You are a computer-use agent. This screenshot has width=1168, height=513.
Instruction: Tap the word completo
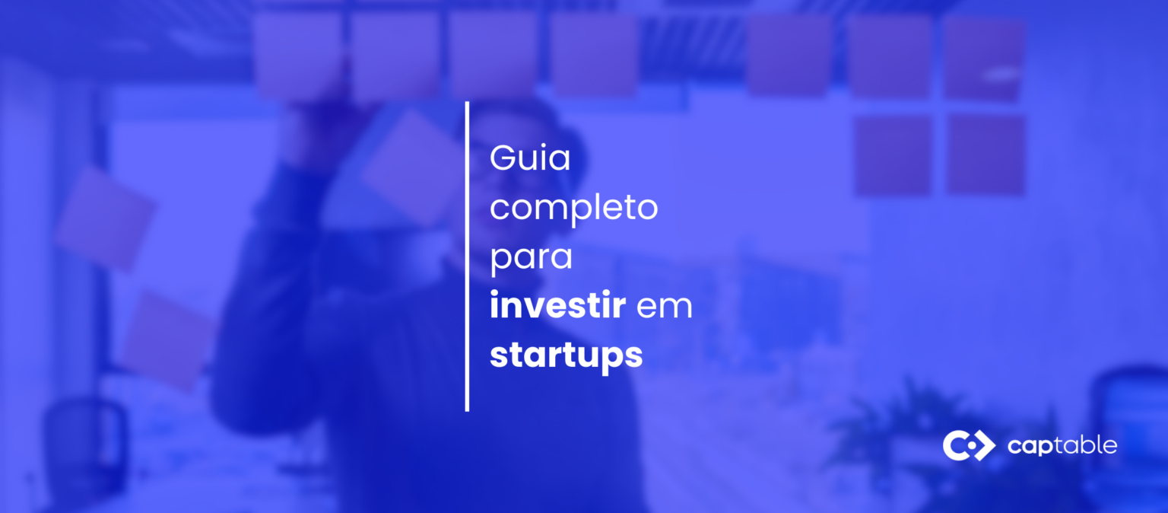pyautogui.click(x=573, y=208)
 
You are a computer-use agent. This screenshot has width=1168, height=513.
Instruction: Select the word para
pyautogui.click(x=531, y=257)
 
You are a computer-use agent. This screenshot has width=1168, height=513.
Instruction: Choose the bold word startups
pyautogui.click(x=566, y=355)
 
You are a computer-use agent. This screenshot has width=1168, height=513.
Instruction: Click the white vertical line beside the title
pyautogui.click(x=467, y=256)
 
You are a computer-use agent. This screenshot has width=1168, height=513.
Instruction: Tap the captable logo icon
pyautogui.click(x=968, y=445)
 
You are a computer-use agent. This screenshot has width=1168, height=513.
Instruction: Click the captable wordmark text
pyautogui.click(x=1062, y=445)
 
